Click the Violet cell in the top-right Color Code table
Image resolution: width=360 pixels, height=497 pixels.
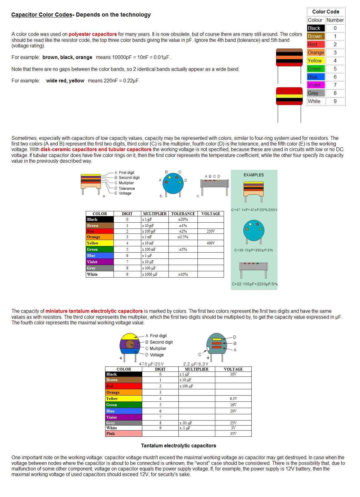point(315,85)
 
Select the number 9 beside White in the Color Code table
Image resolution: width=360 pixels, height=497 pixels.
point(335,101)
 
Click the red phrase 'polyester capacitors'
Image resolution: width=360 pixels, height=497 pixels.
point(93,34)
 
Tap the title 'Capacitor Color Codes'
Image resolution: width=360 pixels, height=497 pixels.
point(42,15)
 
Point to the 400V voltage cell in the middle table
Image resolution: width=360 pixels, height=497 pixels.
point(211,243)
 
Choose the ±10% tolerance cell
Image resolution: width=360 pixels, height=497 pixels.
point(183,274)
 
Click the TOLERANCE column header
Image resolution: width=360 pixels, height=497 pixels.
point(183,214)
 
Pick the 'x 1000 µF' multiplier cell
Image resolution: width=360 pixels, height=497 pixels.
point(150,274)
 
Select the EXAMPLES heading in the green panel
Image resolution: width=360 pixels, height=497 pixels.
point(254,175)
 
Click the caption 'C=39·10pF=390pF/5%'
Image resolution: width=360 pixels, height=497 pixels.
point(254,250)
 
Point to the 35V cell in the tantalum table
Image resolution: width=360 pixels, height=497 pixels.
point(233,434)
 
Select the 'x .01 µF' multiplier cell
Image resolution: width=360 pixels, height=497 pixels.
point(186,423)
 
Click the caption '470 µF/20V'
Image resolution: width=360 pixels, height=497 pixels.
point(151,364)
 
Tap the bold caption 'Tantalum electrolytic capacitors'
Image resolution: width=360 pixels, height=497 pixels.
point(178,445)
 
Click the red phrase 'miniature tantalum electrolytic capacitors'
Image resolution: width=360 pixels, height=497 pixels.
point(94,311)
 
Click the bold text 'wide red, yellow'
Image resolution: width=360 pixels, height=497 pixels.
point(65,81)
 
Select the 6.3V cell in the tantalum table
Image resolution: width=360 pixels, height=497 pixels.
point(233,399)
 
